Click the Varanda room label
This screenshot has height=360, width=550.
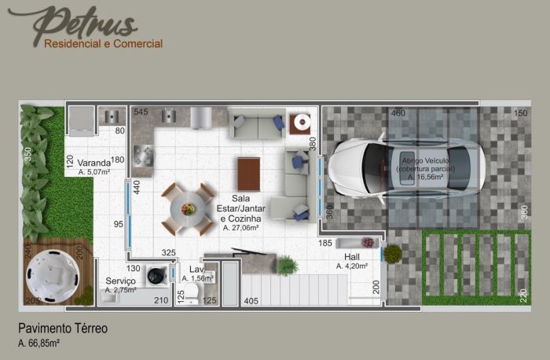[x=93, y=164]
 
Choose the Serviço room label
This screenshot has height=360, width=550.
[x=120, y=281]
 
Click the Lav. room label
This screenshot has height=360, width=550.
[x=196, y=269]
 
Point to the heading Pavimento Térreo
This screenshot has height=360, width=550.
[x=63, y=329]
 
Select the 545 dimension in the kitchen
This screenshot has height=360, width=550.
[x=141, y=112]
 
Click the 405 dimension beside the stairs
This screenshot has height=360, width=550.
[x=251, y=300]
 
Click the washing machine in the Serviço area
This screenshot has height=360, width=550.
[x=156, y=273]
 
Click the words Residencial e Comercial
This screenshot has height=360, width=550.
[x=104, y=44]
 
